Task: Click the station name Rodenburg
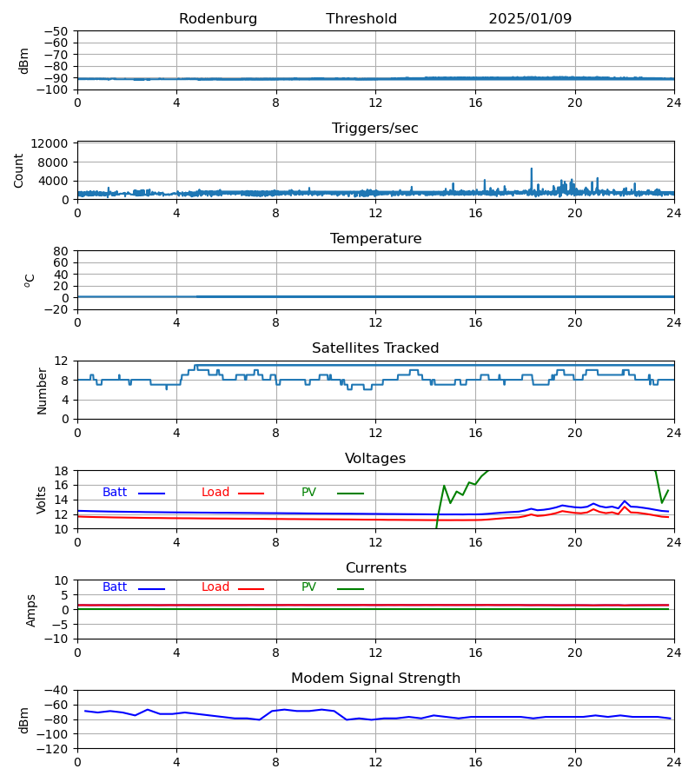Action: [x=218, y=19]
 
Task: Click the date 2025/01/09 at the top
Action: [x=530, y=19]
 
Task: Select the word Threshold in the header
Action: [x=361, y=19]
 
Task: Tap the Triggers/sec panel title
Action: [x=375, y=129]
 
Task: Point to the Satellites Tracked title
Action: [x=375, y=348]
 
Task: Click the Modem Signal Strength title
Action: [x=375, y=679]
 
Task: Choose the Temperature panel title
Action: [x=375, y=239]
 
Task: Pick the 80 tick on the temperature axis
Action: [x=62, y=251]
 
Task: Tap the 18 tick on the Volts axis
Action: [x=62, y=471]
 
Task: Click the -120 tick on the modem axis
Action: [x=54, y=748]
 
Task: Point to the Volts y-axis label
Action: [x=42, y=500]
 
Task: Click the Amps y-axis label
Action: [x=32, y=610]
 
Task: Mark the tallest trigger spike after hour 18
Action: [x=532, y=169]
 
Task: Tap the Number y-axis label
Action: [x=42, y=390]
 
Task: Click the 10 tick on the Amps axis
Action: [x=62, y=580]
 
